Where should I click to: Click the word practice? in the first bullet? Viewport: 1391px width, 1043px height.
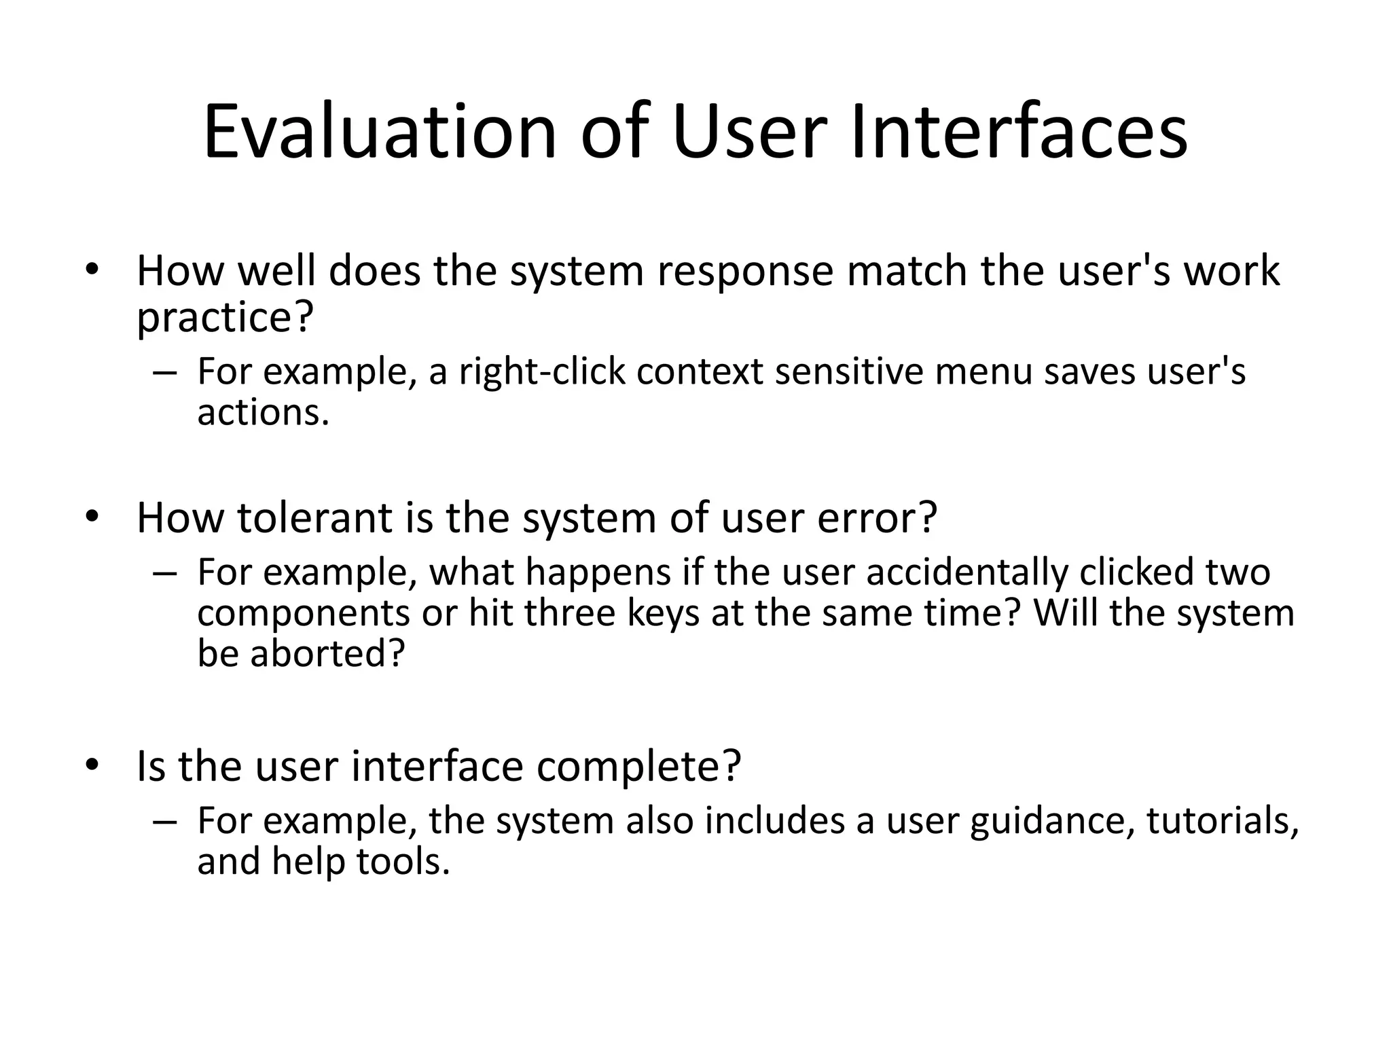tap(225, 318)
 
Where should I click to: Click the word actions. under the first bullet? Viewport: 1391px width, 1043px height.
tap(263, 412)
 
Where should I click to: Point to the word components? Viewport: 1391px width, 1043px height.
tap(304, 612)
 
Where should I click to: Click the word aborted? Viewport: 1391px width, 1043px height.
tap(327, 653)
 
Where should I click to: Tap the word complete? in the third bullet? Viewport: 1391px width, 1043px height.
tap(638, 766)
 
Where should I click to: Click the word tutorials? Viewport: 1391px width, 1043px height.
tap(1223, 820)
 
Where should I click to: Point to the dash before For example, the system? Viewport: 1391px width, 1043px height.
tap(165, 821)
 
